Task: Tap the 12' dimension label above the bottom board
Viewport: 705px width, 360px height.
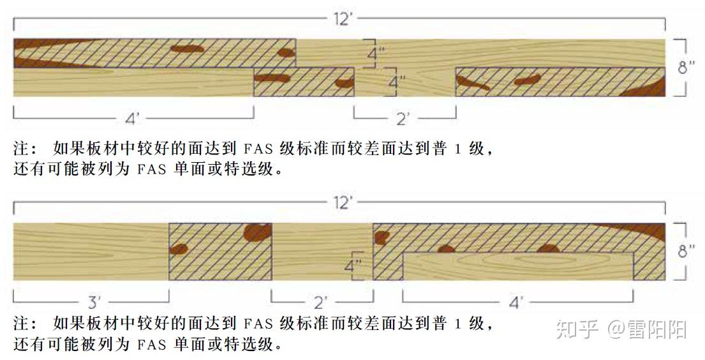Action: pyautogui.click(x=342, y=203)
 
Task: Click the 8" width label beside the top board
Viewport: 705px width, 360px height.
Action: pyautogui.click(x=686, y=66)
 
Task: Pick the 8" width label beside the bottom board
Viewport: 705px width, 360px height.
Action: pyautogui.click(x=686, y=251)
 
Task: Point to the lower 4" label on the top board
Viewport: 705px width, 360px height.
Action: pyautogui.click(x=397, y=82)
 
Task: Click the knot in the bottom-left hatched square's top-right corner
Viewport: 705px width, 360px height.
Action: pyautogui.click(x=258, y=232)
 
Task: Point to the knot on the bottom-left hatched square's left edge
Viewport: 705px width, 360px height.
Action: pyautogui.click(x=179, y=250)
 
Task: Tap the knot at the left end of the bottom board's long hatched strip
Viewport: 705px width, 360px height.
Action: pyautogui.click(x=382, y=238)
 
